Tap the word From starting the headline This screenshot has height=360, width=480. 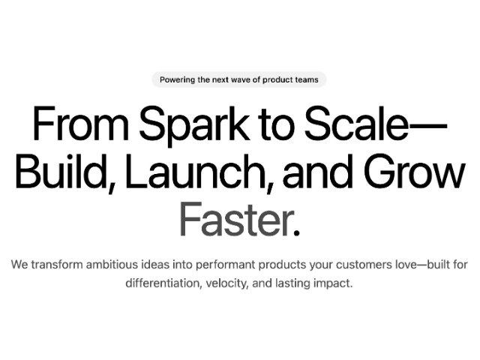[x=81, y=123]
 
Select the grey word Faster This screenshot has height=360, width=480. [x=234, y=219]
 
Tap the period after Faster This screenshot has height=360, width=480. [x=296, y=232]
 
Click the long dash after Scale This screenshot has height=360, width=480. [x=428, y=126]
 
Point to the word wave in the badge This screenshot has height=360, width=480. [x=241, y=80]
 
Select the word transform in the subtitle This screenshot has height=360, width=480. [x=57, y=265]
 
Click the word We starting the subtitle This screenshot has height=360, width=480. [x=19, y=265]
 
